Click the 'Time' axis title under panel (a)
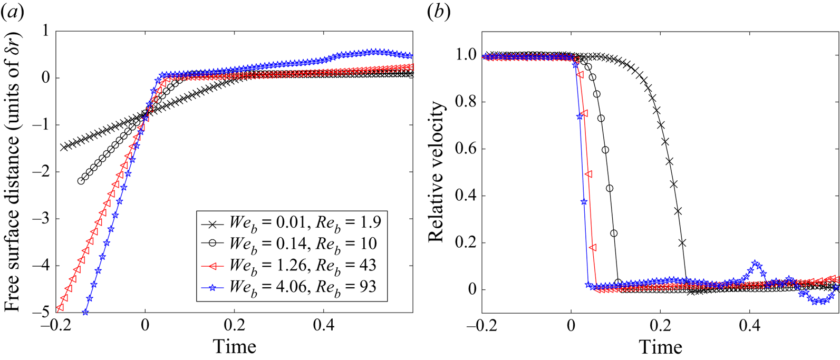coord(234,347)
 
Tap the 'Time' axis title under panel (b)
coord(661,347)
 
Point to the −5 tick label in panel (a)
coord(40,313)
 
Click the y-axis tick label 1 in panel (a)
coord(44,31)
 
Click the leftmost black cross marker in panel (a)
coord(64,147)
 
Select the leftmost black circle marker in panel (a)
coord(81,181)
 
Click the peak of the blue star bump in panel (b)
coord(756,263)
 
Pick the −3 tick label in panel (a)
coord(40,219)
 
